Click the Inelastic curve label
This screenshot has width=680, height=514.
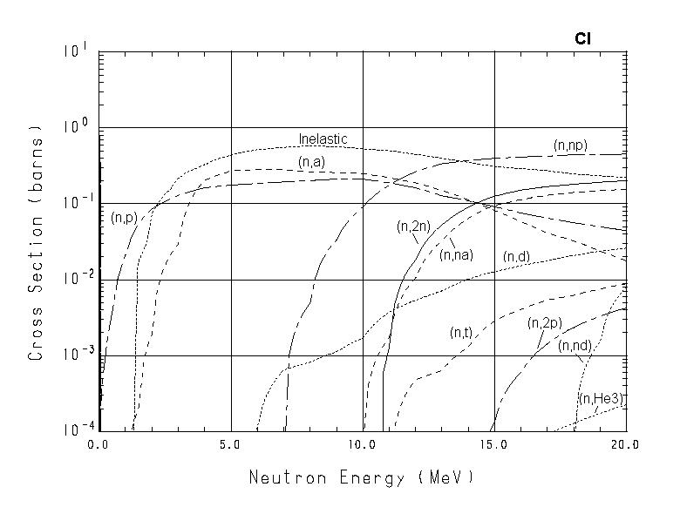tap(323, 139)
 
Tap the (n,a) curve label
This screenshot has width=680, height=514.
tap(311, 162)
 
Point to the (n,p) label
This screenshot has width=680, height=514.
tap(126, 217)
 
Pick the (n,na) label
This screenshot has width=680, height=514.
tap(457, 254)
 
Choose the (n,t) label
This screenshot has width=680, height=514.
tap(461, 332)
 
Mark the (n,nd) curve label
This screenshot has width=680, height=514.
tap(575, 346)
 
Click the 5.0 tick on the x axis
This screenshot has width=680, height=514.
tap(231, 444)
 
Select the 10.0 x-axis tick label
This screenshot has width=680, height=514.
tap(363, 444)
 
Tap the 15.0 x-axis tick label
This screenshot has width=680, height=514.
tap(494, 444)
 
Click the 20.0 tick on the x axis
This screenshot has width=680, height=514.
tap(626, 444)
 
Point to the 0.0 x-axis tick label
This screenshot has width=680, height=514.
tap(99, 444)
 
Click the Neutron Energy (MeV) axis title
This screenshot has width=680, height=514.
tap(362, 477)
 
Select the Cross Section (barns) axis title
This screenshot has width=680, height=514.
tap(37, 242)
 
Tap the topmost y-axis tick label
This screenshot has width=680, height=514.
tap(75, 52)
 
